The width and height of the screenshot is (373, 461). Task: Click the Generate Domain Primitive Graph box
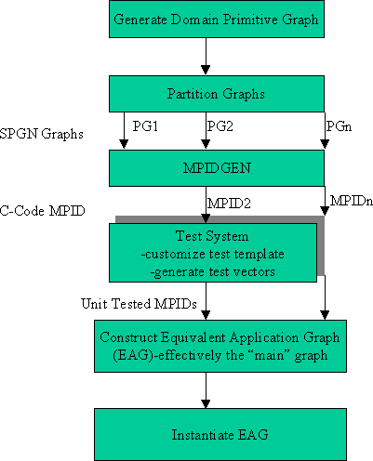(217, 19)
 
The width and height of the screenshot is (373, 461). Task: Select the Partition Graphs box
(217, 94)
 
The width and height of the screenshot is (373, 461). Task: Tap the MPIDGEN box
(217, 168)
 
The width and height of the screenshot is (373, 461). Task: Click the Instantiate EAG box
(220, 434)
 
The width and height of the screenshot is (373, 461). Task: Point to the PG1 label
(145, 126)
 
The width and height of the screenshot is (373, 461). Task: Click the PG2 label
(220, 126)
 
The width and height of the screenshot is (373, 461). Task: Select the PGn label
(339, 126)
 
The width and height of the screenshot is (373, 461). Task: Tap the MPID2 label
(229, 204)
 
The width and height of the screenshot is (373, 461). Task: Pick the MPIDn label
(352, 201)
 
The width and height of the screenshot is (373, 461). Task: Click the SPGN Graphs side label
(42, 134)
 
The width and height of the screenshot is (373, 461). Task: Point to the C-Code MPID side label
(42, 211)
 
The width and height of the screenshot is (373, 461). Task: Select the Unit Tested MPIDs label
(139, 304)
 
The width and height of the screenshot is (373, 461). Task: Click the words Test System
(212, 236)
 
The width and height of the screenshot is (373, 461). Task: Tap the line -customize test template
(212, 254)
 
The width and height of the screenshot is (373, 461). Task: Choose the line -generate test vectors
(212, 272)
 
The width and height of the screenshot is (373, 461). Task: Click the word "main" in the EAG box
(269, 355)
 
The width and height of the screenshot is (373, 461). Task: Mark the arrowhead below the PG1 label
(124, 144)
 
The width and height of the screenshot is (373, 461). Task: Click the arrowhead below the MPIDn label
(325, 211)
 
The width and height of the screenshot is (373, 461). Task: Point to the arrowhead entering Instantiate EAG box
(206, 403)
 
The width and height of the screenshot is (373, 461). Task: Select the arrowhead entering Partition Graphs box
(206, 70)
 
